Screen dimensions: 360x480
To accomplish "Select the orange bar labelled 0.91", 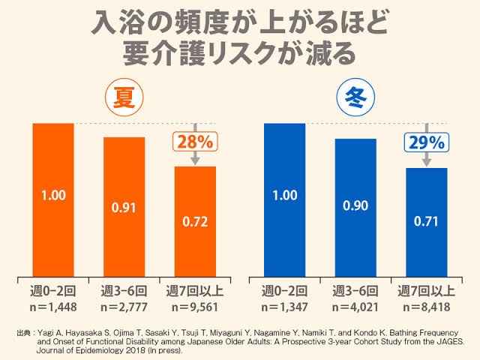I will click(x=124, y=206).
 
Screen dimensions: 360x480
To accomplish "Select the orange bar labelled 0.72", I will click(x=195, y=221).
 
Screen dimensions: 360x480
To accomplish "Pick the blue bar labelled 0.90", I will click(x=355, y=207).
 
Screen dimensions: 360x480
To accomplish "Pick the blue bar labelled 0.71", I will click(x=426, y=222).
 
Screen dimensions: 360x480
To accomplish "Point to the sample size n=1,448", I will click(x=53, y=306).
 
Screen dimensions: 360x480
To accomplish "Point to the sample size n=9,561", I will click(x=195, y=306).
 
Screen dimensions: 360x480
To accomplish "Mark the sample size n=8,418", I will click(x=426, y=306).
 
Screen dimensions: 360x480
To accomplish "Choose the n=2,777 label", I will click(x=124, y=306).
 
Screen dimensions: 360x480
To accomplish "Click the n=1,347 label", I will click(x=284, y=306).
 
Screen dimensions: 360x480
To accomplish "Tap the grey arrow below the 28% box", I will click(x=195, y=158).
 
